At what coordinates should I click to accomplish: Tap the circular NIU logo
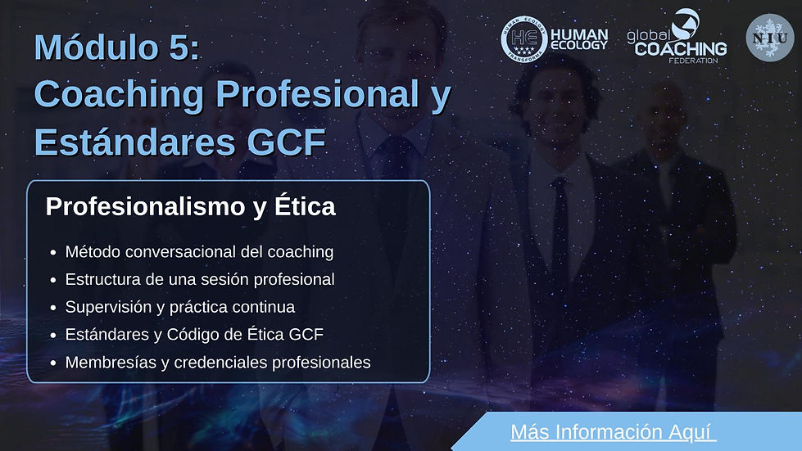[x=769, y=38]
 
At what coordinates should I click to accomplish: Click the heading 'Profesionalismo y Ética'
[x=190, y=206]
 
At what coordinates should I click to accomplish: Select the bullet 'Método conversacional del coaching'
[x=199, y=251]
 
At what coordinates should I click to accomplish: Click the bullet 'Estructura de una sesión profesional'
[x=200, y=279]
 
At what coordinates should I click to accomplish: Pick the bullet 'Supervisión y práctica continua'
[x=179, y=307]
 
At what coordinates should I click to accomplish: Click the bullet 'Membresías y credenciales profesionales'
[x=218, y=362]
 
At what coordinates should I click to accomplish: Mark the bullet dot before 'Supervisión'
[x=53, y=308]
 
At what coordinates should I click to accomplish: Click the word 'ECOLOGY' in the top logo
[x=579, y=46]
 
